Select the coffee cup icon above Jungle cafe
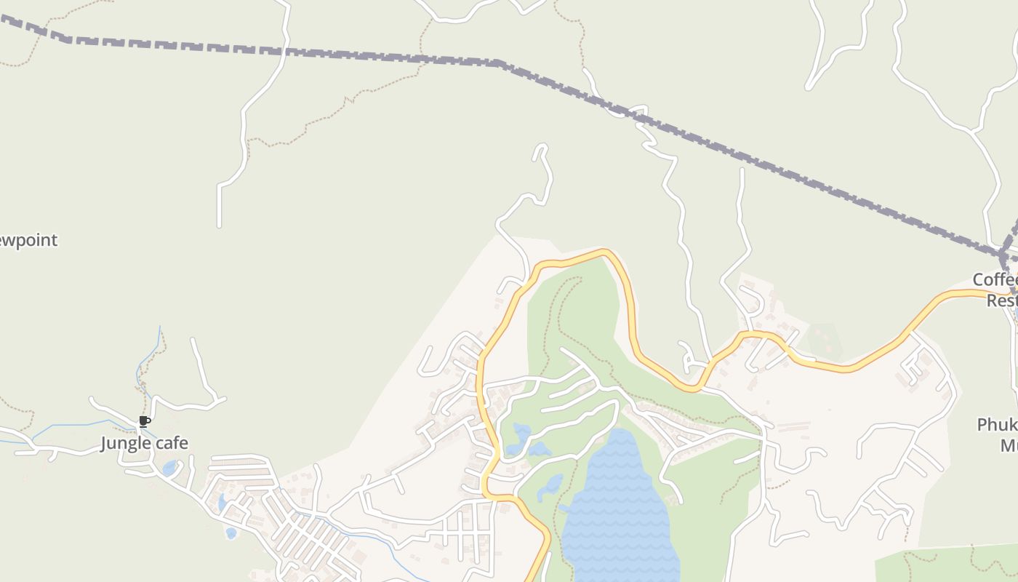145,421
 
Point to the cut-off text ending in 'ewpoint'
28,240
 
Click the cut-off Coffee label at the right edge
995,280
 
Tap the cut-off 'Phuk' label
997,425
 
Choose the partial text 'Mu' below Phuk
1009,445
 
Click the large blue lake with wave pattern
618,509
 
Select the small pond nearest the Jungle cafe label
169,468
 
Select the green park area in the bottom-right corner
945,564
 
